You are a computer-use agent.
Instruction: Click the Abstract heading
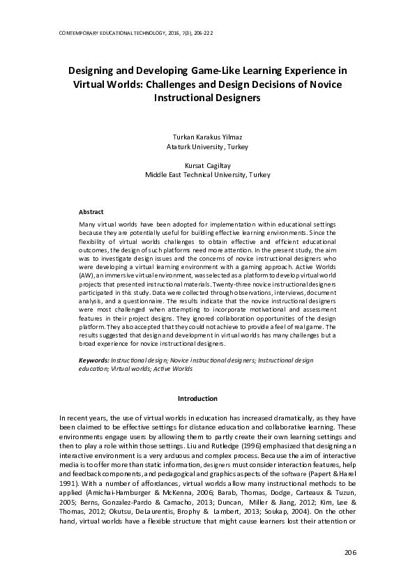(x=91, y=211)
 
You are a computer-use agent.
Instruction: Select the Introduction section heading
(x=197, y=398)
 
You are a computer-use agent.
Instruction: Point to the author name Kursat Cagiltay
(x=206, y=166)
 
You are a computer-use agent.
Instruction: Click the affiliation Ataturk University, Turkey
(x=206, y=147)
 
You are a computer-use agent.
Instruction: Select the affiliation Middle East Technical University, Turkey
(x=206, y=176)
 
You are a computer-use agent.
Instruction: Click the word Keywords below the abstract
(x=93, y=360)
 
